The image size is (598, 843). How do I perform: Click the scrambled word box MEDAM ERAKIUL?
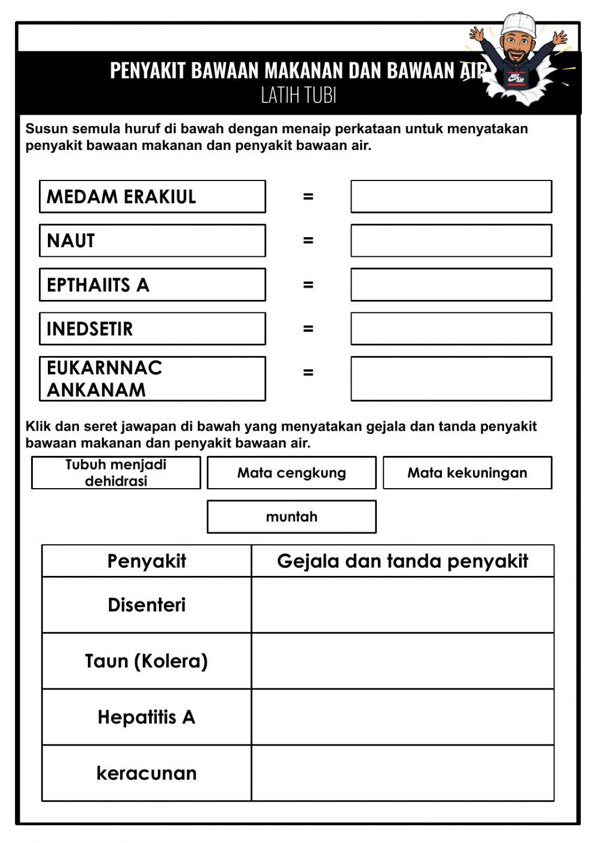click(152, 197)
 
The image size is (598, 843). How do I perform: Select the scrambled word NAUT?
click(152, 241)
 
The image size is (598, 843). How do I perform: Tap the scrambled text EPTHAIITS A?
click(152, 285)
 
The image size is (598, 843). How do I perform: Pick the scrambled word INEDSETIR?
click(152, 329)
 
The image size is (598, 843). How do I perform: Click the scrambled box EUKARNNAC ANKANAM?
click(152, 379)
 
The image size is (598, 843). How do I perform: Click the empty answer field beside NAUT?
click(451, 241)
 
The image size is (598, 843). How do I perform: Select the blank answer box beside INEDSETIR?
click(451, 329)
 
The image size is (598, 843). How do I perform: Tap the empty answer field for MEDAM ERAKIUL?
click(451, 197)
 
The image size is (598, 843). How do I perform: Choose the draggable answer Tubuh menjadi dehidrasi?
click(116, 473)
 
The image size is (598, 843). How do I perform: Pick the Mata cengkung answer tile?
click(292, 473)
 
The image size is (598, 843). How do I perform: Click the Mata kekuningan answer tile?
click(467, 473)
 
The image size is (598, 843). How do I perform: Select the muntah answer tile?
click(292, 517)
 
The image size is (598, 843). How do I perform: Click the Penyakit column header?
click(147, 561)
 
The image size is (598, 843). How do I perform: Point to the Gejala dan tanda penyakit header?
click(402, 561)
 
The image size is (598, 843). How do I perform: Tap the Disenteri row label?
click(147, 605)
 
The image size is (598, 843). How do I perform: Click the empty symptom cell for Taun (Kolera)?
click(402, 661)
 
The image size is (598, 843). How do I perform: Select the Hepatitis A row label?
click(147, 717)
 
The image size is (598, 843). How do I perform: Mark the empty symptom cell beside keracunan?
click(402, 773)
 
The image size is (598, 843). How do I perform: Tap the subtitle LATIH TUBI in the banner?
click(298, 96)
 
